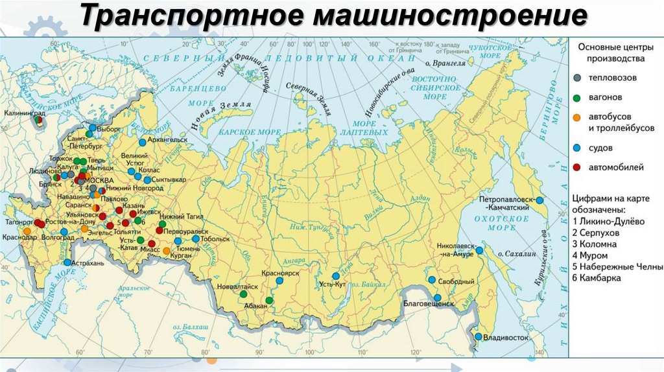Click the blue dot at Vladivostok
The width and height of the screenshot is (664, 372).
tap(478, 336)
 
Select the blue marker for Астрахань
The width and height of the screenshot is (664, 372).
tap(67, 262)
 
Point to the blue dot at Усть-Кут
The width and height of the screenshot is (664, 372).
tap(336, 276)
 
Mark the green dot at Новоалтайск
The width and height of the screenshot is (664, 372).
tap(243, 294)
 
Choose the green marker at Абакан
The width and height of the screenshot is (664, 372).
tap(268, 300)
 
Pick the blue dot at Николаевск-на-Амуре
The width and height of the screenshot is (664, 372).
tap(479, 250)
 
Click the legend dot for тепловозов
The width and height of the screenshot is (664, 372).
tap(577, 78)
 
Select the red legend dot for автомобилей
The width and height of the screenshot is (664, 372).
tap(577, 167)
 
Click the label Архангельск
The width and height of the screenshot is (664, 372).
tap(167, 139)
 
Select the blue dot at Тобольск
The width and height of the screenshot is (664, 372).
tap(196, 238)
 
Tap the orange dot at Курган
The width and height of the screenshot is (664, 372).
tap(167, 251)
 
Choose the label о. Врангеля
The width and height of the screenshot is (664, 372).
tap(445, 64)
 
